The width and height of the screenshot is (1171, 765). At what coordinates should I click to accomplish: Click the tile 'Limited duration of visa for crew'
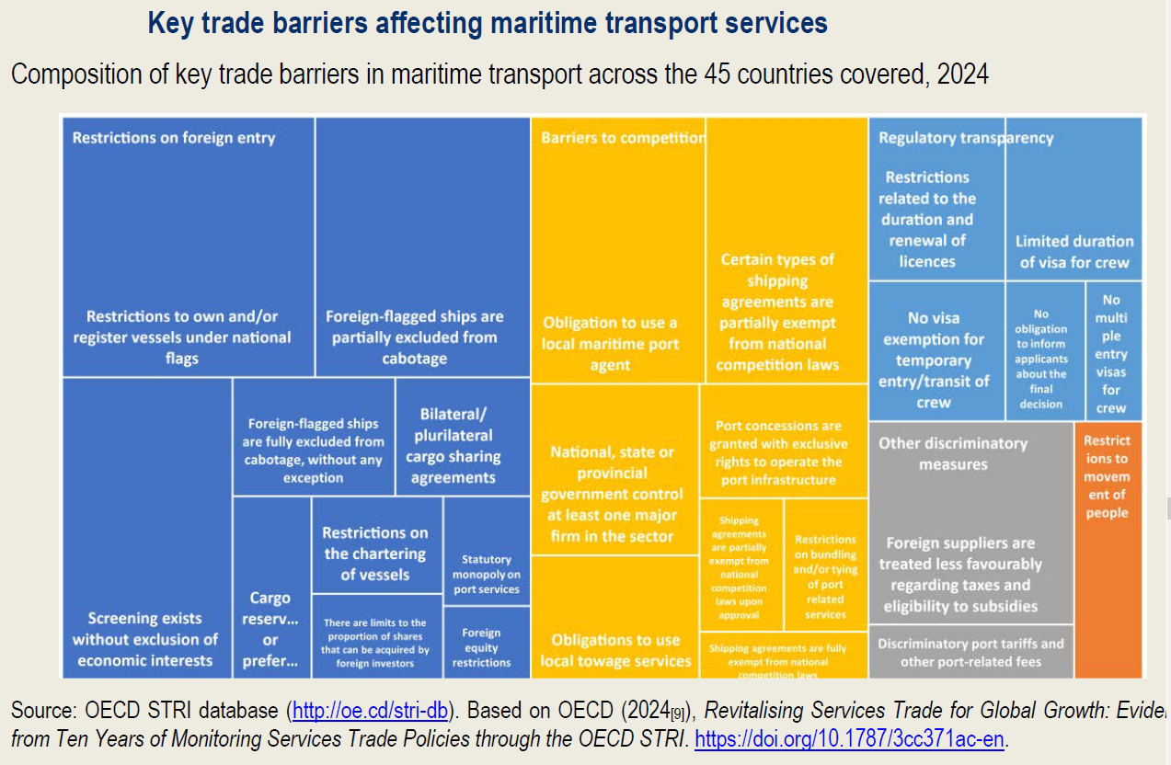click(x=1073, y=251)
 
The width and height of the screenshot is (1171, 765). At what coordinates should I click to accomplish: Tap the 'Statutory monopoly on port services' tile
click(x=487, y=574)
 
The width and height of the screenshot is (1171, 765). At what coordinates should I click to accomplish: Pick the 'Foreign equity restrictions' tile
click(x=481, y=646)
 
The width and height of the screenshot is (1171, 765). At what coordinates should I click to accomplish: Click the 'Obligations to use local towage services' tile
click(x=615, y=650)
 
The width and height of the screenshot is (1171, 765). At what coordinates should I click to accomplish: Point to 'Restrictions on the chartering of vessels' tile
click(x=375, y=553)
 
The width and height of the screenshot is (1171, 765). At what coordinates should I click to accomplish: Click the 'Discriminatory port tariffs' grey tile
click(x=970, y=652)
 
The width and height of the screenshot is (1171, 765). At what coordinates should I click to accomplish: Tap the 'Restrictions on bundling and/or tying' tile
click(x=825, y=577)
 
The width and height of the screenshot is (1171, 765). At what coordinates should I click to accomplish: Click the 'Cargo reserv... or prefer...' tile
click(x=270, y=629)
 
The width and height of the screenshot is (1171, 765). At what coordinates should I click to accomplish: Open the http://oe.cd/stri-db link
click(x=370, y=711)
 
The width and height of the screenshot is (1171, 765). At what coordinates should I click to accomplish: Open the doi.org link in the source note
click(x=848, y=738)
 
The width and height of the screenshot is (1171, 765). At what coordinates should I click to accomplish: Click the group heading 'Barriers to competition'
click(x=622, y=138)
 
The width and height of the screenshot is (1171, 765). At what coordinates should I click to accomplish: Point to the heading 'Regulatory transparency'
click(x=966, y=138)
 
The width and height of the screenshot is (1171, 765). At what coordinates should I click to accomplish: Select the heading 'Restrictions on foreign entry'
click(x=174, y=138)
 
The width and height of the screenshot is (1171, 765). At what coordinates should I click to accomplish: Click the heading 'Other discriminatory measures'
click(x=952, y=453)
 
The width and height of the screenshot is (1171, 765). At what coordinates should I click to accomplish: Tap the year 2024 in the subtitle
click(x=962, y=74)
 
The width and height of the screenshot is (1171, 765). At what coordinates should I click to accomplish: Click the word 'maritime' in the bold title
click(x=504, y=22)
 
